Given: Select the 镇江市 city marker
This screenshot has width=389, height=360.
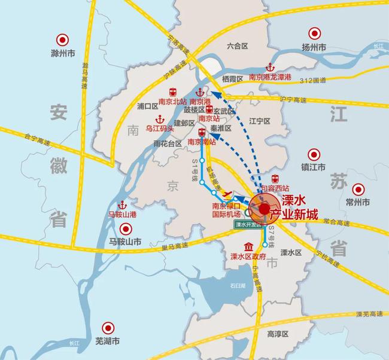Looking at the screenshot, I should click(x=313, y=154).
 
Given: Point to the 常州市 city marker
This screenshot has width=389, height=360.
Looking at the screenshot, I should click(x=358, y=188).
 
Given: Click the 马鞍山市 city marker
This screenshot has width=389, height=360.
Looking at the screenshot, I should click(x=125, y=228).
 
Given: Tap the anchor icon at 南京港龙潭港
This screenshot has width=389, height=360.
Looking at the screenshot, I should click(x=270, y=67).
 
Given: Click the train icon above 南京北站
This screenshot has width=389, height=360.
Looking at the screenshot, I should click(x=172, y=92).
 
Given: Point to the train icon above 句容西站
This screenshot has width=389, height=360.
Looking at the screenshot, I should click(x=276, y=178).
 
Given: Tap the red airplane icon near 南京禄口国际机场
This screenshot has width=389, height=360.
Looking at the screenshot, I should click(x=227, y=194).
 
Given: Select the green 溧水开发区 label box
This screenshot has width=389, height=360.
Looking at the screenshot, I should click(x=248, y=225).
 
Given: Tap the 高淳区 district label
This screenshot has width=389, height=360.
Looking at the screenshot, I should click(x=278, y=333).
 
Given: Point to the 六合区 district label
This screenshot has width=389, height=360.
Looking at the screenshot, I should click(x=238, y=45).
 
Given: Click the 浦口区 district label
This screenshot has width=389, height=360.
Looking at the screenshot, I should click(x=147, y=106).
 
